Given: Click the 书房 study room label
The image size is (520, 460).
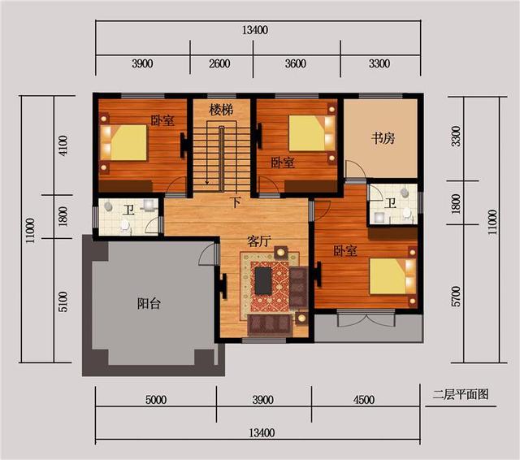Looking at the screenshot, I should [x=383, y=137].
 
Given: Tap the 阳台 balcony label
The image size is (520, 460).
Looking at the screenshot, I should [x=149, y=304].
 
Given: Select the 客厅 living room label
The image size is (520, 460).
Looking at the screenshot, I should [x=260, y=241].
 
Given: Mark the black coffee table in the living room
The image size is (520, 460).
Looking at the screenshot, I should [x=264, y=280].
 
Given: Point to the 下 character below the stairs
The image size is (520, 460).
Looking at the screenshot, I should [x=236, y=202].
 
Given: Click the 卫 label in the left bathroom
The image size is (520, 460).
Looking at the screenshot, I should [x=128, y=210].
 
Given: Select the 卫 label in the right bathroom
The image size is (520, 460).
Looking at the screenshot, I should [x=391, y=202].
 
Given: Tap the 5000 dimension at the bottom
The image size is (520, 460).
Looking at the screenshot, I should [x=156, y=400].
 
